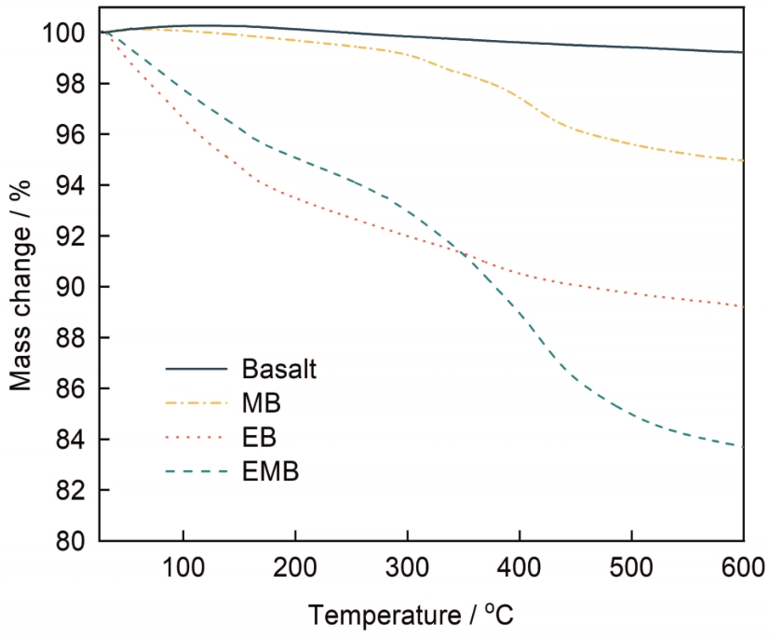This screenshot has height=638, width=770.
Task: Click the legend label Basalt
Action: coord(279,369)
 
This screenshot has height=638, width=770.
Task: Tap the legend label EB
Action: coord(260,437)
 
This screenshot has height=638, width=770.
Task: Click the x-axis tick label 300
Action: coord(407,566)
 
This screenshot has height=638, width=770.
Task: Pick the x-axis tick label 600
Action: coord(742,566)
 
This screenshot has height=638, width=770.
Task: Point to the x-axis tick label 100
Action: coord(183,566)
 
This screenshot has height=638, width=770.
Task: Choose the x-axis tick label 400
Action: coord(519,566)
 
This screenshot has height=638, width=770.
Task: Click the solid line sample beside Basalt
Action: coord(197,369)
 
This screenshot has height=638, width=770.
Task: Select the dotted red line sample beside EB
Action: coord(197,437)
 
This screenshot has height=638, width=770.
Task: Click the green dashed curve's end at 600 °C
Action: coord(743,446)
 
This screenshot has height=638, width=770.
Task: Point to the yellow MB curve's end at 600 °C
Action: coord(743,160)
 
